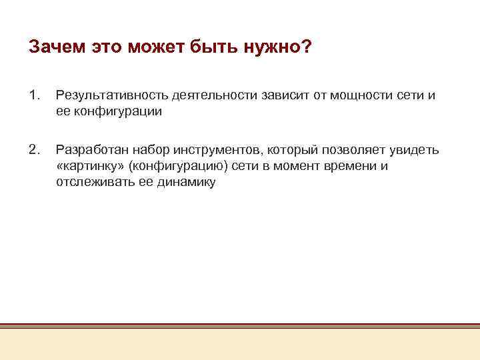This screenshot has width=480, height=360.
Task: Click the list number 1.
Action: pos(35,95)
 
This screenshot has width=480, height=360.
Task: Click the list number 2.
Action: pos(35,149)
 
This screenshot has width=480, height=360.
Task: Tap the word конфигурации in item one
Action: pos(118,112)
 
